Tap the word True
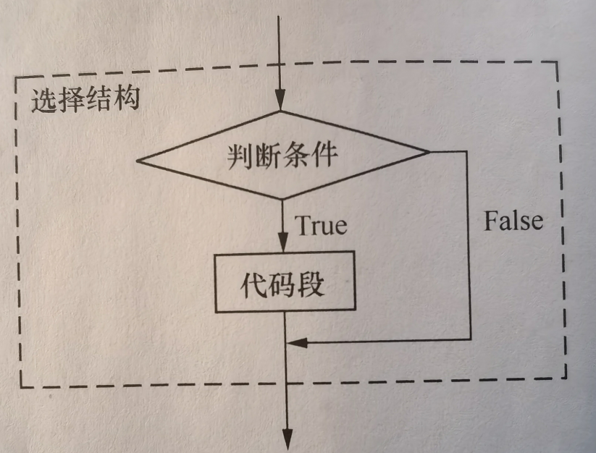pos(321,225)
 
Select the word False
pos(513,220)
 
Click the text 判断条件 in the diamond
pos(281,154)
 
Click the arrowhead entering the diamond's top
pos(280,101)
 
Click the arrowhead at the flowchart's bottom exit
pos(287,438)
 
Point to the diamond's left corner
pos(137,161)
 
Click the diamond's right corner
pos(429,151)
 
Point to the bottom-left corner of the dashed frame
pos(18,386)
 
